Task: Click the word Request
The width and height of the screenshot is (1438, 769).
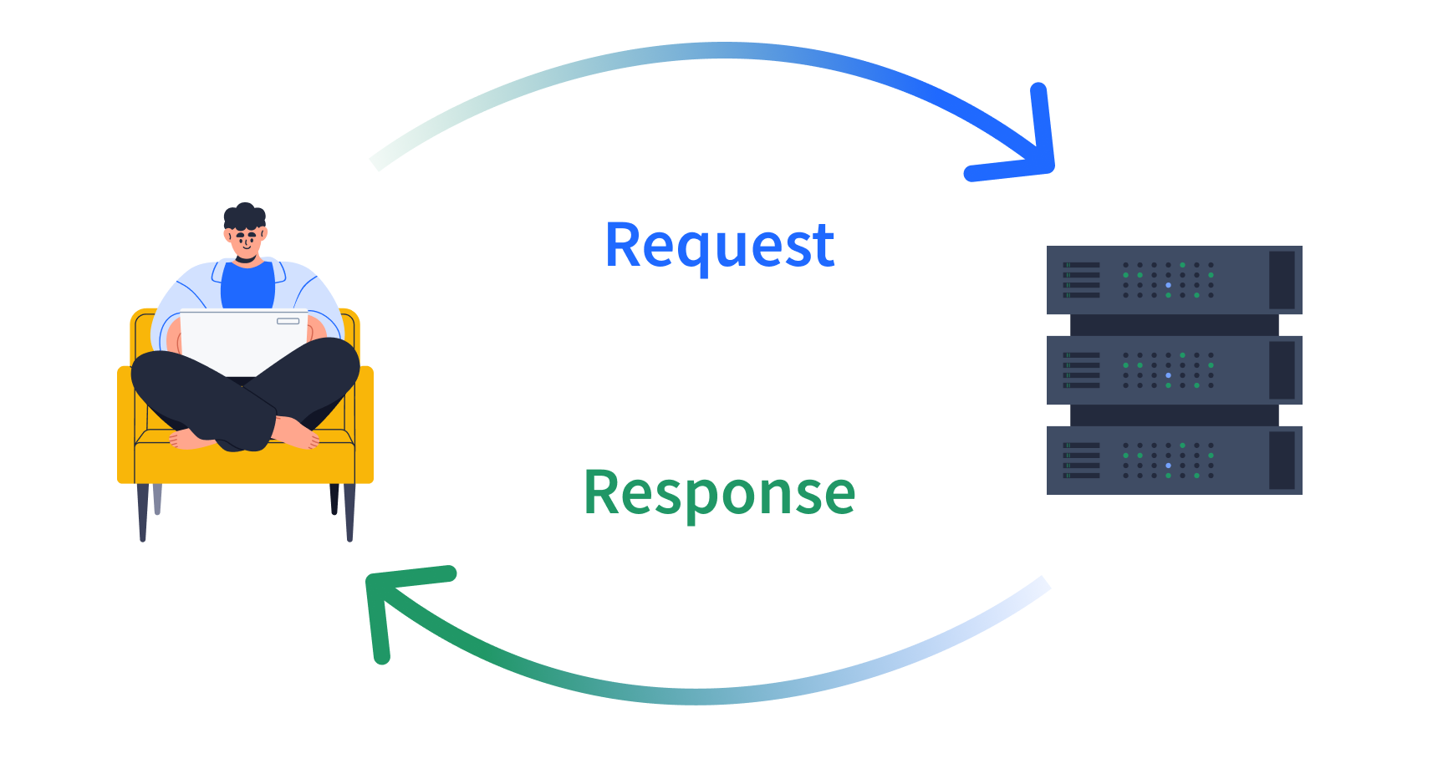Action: point(719,246)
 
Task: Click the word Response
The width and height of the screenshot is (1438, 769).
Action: point(719,493)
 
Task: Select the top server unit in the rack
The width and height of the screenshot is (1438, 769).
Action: point(1174,279)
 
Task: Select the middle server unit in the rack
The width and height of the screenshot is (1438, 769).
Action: point(1174,369)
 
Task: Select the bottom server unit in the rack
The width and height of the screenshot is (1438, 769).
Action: point(1174,460)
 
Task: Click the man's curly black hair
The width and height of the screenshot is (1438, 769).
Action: point(244,216)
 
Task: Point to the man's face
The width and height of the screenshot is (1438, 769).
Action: point(247,242)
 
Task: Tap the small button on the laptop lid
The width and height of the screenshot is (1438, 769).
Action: point(288,321)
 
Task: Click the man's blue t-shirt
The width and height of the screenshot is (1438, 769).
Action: point(247,287)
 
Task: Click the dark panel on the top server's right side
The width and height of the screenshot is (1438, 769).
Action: point(1282,279)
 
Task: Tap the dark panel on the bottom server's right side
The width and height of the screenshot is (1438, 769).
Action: point(1282,460)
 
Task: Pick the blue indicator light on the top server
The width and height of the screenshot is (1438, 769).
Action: point(1168,285)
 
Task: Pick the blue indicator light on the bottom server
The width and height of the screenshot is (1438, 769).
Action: point(1168,466)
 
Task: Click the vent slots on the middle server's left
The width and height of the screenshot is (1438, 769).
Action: point(1082,369)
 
